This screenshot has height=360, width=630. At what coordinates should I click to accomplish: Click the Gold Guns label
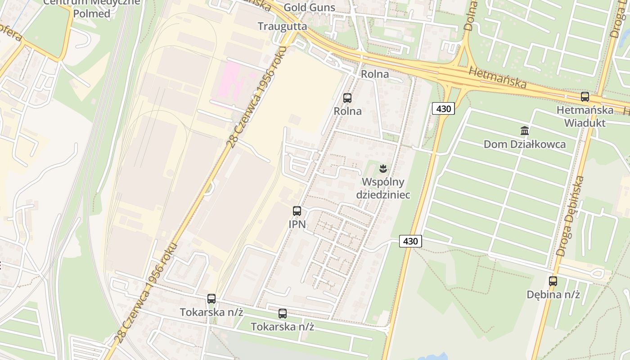pyautogui.click(x=310, y=8)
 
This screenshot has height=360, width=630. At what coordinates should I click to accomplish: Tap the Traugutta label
pyautogui.click(x=283, y=26)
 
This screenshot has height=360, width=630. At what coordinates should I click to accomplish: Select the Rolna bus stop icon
pyautogui.click(x=347, y=98)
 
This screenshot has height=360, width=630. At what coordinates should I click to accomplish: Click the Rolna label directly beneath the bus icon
pyautogui.click(x=347, y=111)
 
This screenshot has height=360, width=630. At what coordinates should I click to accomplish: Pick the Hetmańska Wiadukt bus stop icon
pyautogui.click(x=585, y=96)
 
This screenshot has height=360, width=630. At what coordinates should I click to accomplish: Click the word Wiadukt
pyautogui.click(x=585, y=122)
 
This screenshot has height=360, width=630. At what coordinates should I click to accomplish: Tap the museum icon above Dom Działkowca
pyautogui.click(x=525, y=131)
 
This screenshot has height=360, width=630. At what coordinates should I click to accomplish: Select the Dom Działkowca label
pyautogui.click(x=525, y=144)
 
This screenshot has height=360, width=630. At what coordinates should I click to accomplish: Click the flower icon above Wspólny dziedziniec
pyautogui.click(x=383, y=169)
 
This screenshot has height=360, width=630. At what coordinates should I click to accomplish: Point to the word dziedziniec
pyautogui.click(x=383, y=194)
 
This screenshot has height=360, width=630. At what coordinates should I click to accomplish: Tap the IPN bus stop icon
pyautogui.click(x=297, y=211)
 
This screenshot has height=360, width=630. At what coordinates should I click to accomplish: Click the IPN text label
pyautogui.click(x=297, y=224)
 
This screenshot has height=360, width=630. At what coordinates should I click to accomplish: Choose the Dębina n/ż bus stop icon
pyautogui.click(x=553, y=281)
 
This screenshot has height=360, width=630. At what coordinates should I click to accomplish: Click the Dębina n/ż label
pyautogui.click(x=553, y=295)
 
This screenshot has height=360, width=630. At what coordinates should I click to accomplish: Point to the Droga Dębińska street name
pyautogui.click(x=570, y=216)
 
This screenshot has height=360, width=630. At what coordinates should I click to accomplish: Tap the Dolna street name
pyautogui.click(x=471, y=16)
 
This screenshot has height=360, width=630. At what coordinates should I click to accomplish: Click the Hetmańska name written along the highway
pyautogui.click(x=497, y=77)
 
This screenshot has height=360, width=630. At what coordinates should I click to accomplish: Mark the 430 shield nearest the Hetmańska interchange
pyautogui.click(x=443, y=108)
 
